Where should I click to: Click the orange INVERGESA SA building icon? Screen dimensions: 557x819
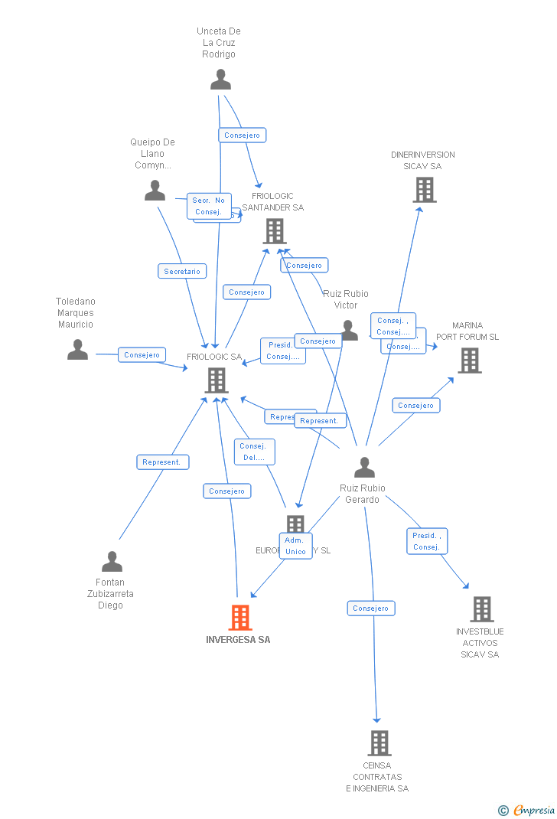point(240,617)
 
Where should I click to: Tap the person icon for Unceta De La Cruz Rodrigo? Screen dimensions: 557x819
point(220,80)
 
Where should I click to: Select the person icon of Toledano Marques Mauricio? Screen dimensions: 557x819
point(77,350)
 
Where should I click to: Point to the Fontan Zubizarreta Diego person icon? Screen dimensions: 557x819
point(112,562)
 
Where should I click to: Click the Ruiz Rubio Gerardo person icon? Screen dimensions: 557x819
point(364,467)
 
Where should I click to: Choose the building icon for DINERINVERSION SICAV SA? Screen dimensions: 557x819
point(424,190)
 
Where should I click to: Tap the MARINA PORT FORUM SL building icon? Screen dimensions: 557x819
point(469,361)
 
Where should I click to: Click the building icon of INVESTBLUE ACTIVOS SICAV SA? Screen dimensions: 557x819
point(481,609)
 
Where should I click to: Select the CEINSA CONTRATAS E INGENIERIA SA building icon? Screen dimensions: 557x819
point(379,742)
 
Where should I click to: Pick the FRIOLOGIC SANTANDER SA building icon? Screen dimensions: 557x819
point(274,231)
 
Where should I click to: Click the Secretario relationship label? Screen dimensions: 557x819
point(182,271)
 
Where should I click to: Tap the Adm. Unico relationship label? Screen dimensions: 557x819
point(295,546)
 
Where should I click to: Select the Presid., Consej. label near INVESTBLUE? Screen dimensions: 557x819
point(426,541)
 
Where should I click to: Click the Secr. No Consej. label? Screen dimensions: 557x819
point(208,206)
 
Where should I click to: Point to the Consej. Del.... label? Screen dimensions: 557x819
point(254,452)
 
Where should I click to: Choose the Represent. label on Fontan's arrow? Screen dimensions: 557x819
point(162,462)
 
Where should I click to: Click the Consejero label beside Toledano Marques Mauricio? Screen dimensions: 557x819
point(142,354)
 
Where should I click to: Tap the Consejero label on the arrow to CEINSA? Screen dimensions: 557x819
point(371,609)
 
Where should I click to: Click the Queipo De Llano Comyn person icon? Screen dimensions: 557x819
point(155,191)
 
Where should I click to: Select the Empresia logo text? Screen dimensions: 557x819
point(533,810)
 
